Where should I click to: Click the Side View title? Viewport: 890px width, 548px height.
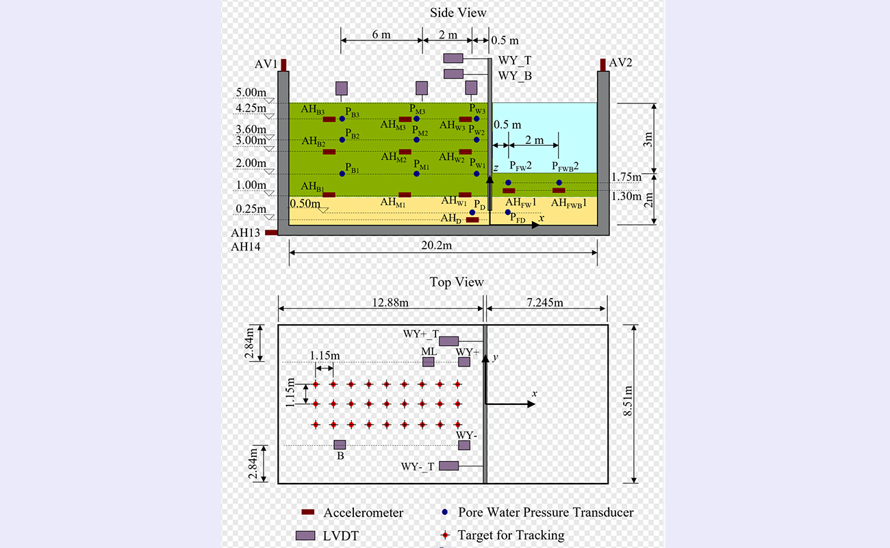(458, 12)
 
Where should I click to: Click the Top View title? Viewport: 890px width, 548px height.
(457, 282)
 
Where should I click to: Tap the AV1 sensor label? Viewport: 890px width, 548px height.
(266, 63)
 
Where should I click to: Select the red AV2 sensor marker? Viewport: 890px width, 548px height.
(603, 64)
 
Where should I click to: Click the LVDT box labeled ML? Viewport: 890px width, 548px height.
(429, 362)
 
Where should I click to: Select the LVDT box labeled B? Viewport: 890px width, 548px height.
(340, 445)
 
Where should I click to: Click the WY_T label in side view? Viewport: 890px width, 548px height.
(515, 61)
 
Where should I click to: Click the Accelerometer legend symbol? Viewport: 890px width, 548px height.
(308, 512)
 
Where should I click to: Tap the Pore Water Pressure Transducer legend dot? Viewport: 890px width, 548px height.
(445, 512)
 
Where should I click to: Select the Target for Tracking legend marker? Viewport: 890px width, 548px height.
(445, 535)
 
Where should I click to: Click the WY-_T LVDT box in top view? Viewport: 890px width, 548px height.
(448, 466)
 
